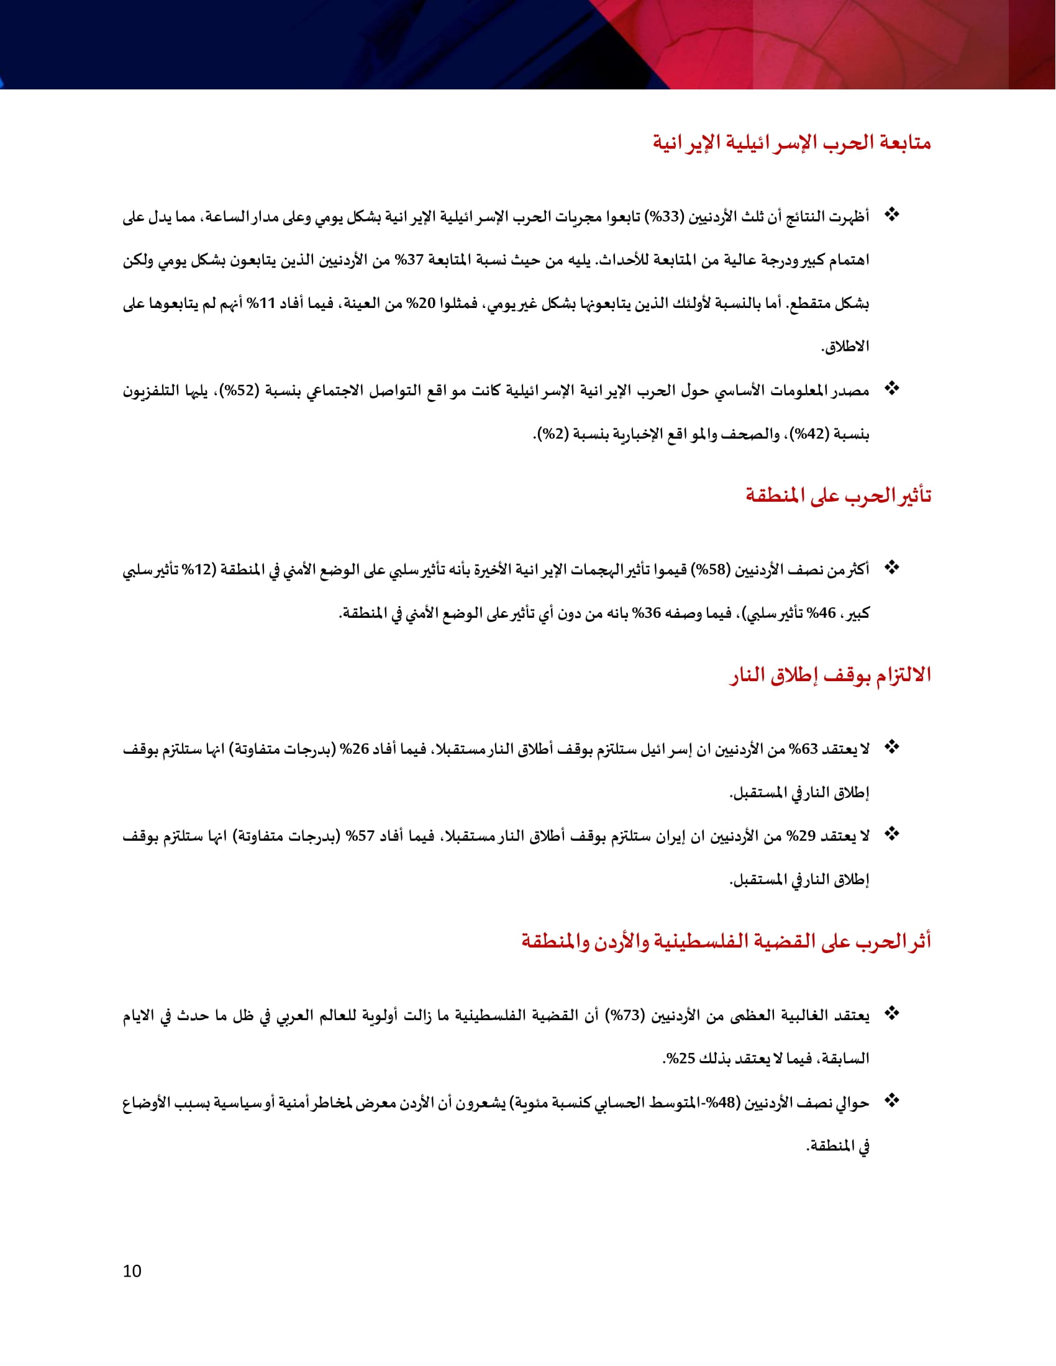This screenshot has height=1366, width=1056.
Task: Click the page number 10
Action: click(x=132, y=1272)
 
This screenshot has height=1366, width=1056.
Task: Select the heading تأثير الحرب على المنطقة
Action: click(x=838, y=496)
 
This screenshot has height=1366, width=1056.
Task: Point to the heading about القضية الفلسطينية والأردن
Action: click(x=726, y=941)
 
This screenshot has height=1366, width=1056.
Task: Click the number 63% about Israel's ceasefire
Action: click(x=803, y=749)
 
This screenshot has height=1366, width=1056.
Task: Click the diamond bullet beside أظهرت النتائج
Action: click(x=891, y=215)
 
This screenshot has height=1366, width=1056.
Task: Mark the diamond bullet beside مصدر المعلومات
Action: click(x=891, y=389)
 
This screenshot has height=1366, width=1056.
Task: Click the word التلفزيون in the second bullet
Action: click(x=150, y=391)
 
